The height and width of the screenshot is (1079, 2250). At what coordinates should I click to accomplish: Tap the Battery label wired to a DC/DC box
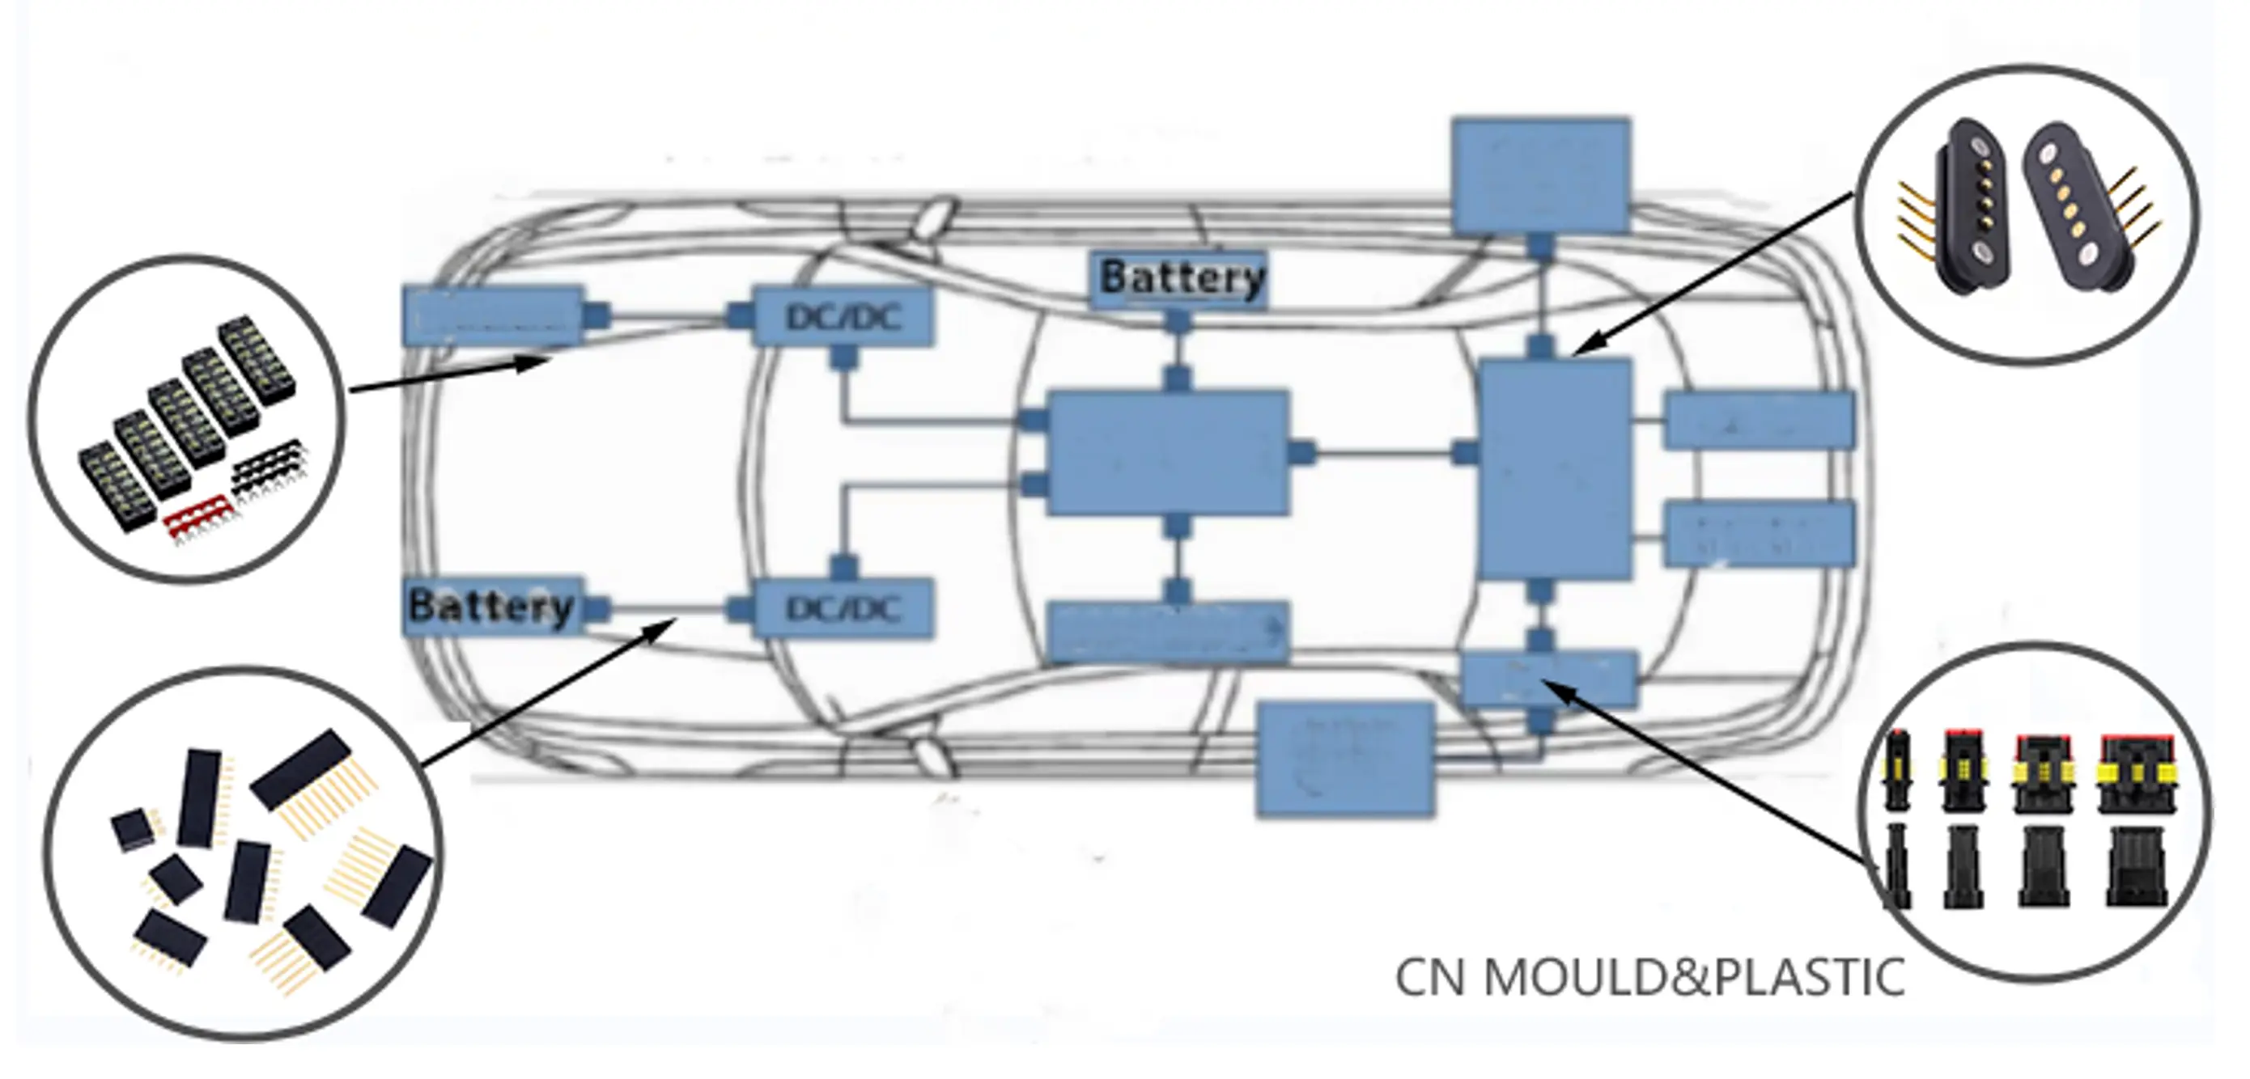coord(491,605)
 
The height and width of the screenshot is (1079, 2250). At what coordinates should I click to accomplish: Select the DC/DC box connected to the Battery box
coord(843,607)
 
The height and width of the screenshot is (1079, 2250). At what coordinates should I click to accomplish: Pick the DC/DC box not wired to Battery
coord(843,317)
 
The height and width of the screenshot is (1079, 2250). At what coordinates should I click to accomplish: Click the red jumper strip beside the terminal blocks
coord(201,515)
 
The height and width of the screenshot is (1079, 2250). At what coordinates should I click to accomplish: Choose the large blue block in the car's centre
coord(1169,452)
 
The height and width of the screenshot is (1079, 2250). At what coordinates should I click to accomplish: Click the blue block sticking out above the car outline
coord(1541,175)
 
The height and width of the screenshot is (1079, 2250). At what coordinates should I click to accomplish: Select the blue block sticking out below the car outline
coord(1345,760)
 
